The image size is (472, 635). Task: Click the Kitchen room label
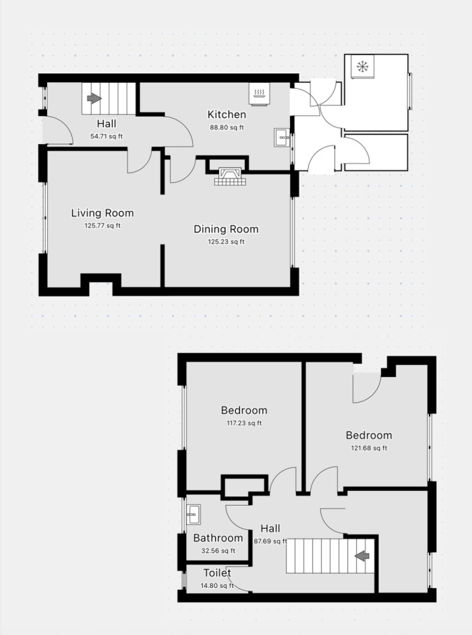tap(227, 114)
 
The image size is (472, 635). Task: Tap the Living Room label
tap(102, 213)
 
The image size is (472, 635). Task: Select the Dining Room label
tap(226, 229)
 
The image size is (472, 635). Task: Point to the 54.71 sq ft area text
tap(107, 137)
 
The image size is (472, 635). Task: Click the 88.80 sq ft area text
tap(227, 127)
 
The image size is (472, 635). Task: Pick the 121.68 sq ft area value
tap(369, 448)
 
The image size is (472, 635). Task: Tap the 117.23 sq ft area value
tap(244, 423)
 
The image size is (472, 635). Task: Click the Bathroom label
tap(218, 538)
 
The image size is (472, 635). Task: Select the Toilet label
tap(217, 573)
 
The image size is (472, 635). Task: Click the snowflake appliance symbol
tap(361, 67)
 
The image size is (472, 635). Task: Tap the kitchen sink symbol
tap(283, 137)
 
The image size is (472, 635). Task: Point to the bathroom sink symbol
tap(193, 514)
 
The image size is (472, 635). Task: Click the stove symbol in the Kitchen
tap(259, 94)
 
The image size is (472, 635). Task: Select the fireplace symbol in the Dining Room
tap(230, 176)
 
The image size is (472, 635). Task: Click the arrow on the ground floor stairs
tap(94, 98)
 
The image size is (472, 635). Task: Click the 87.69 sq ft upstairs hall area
tap(270, 541)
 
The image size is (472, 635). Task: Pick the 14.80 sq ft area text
tap(217, 586)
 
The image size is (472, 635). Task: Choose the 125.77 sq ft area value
tap(102, 226)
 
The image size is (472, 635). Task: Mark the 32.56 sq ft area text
tap(218, 551)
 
